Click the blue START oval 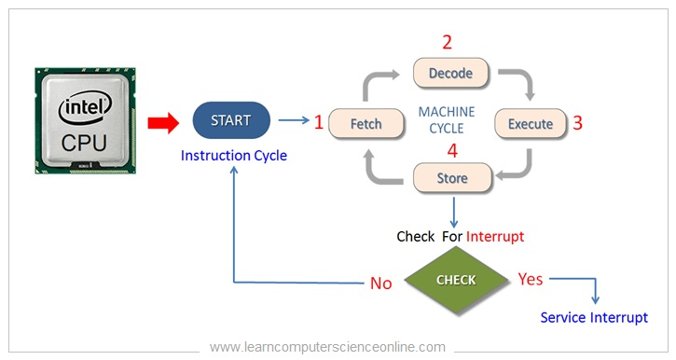tap(231, 120)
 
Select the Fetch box tap(366, 123)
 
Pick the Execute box tap(530, 123)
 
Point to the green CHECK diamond tap(456, 280)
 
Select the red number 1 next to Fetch tap(318, 121)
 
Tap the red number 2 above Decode tap(447, 42)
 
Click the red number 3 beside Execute tap(577, 123)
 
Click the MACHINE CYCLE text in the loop tap(447, 119)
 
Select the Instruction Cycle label tap(234, 156)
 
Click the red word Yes tap(531, 279)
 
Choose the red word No tap(380, 283)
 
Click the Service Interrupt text tap(594, 317)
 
